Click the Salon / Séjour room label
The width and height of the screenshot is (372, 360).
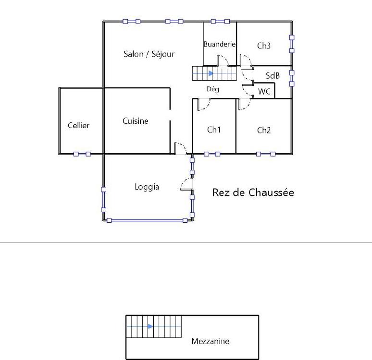tap(149, 54)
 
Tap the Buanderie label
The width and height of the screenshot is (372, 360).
tap(219, 44)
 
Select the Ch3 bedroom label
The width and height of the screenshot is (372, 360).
tap(264, 46)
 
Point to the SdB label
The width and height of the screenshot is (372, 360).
tap(273, 76)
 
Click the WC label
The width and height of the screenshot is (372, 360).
tap(264, 91)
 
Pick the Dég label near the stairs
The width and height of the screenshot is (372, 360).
tap(212, 89)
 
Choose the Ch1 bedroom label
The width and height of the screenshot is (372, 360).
tap(214, 130)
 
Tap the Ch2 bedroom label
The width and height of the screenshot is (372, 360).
tap(264, 130)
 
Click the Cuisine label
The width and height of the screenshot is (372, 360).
tap(135, 121)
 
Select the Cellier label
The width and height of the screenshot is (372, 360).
tap(78, 125)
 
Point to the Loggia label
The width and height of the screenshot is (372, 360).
tap(147, 187)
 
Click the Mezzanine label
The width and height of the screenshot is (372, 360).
tap(210, 342)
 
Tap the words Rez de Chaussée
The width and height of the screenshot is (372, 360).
tap(253, 193)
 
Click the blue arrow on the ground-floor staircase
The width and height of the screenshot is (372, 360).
tap(211, 73)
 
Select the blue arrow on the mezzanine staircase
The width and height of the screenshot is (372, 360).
tap(150, 326)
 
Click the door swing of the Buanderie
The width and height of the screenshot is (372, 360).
tap(223, 60)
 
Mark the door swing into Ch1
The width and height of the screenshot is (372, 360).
tap(204, 103)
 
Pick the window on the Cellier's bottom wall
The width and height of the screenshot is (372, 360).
tap(82, 154)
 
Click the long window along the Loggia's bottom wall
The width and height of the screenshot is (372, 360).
tap(147, 220)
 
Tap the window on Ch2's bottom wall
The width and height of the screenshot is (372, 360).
tap(266, 154)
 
